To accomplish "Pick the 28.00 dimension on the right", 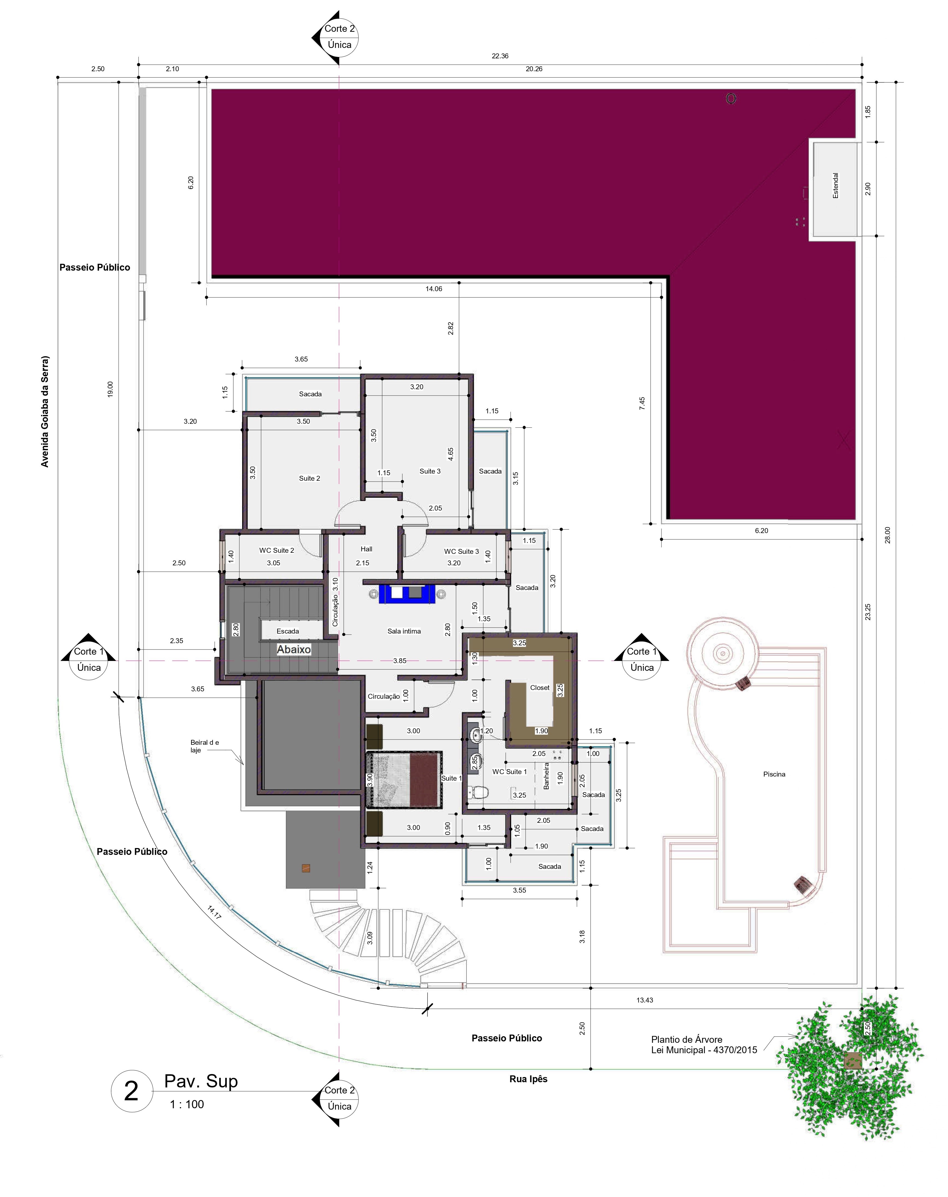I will [887, 535].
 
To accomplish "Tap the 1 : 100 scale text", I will [187, 1104].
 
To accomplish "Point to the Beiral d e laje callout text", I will [204, 746].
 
